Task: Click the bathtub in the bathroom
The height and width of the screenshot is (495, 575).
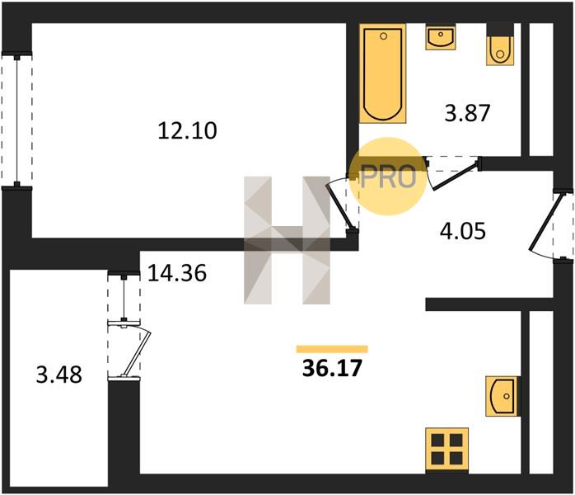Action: coord(383,73)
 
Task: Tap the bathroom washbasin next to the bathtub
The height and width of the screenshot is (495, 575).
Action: coord(441,37)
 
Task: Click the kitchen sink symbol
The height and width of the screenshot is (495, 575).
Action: coord(502,396)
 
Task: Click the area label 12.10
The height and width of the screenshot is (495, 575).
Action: coord(187,131)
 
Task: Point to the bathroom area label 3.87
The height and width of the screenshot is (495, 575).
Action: coord(467,113)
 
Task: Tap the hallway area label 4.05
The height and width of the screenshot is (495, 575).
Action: coord(463,231)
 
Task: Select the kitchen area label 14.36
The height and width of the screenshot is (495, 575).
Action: coord(177,273)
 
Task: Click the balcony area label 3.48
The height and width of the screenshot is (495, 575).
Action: coord(59,375)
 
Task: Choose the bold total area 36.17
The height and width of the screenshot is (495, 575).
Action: coord(332,368)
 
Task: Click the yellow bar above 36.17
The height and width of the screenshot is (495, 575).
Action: coord(332,349)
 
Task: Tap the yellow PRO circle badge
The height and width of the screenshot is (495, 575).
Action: coord(388,177)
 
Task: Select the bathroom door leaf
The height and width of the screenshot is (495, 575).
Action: coord(456,177)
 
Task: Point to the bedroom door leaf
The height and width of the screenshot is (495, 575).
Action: coord(340,206)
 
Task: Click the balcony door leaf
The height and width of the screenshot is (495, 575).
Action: coord(137,353)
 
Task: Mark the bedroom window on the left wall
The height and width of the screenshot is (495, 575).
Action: coord(16,120)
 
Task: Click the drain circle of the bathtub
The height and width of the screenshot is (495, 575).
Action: coord(384,36)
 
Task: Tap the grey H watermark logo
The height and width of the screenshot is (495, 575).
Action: coord(287,241)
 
